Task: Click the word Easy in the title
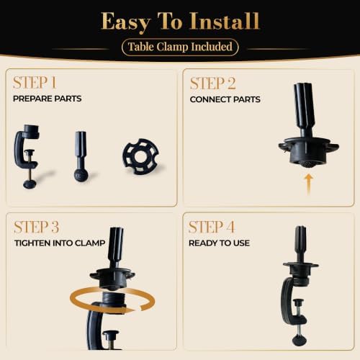tap(126, 22)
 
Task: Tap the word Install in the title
tap(225, 21)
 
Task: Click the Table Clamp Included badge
tap(180, 47)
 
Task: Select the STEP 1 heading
tap(35, 83)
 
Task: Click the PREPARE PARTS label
tap(48, 99)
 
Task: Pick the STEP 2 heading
tap(212, 84)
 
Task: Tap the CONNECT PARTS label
tap(225, 99)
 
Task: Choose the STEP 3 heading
tap(37, 227)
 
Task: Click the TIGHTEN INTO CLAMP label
tap(60, 243)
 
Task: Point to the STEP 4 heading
tap(212, 227)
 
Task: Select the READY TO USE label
tap(219, 243)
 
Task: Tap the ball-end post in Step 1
tap(81, 156)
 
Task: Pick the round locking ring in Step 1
tap(141, 156)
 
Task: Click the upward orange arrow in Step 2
tap(309, 185)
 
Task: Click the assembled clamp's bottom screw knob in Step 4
tap(300, 340)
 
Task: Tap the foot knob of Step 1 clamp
tap(30, 184)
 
